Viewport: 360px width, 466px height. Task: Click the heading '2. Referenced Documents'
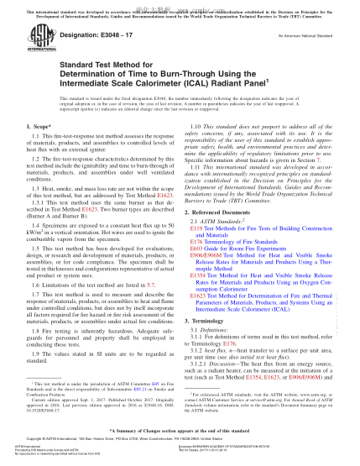[x=226, y=214]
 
